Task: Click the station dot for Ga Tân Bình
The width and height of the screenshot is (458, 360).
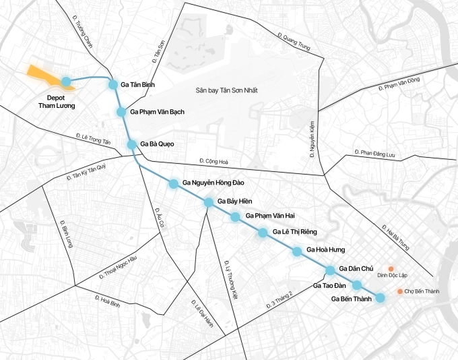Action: coord(113,84)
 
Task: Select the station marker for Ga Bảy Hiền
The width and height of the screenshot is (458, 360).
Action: coord(209,202)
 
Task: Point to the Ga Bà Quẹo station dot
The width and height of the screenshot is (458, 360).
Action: coord(132,144)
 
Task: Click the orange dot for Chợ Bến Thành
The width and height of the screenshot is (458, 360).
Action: coord(400,291)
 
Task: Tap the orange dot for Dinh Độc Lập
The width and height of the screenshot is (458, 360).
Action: coord(391,268)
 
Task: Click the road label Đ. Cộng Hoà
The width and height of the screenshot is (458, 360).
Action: coord(214,161)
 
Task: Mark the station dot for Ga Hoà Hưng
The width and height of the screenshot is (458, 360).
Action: coord(296,251)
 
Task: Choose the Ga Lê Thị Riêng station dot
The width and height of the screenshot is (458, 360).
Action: coord(263,233)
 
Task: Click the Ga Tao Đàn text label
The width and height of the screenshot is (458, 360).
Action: coord(329,286)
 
